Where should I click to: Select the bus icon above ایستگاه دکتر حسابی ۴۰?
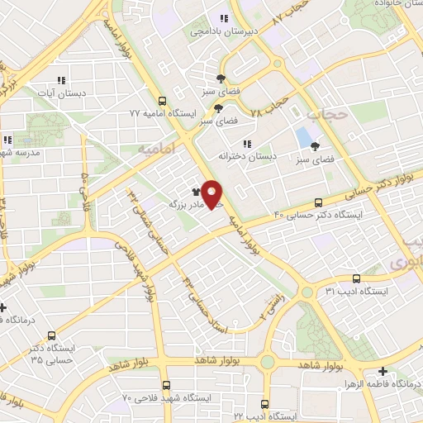click(x=318, y=202)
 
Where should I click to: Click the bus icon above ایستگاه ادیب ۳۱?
click(x=356, y=278)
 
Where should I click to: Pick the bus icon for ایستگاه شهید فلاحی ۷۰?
click(x=166, y=385)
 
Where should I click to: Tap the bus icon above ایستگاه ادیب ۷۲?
click(x=264, y=405)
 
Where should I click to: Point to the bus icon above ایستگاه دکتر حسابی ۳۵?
click(x=52, y=336)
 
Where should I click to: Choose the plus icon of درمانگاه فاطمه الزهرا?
click(x=383, y=371)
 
